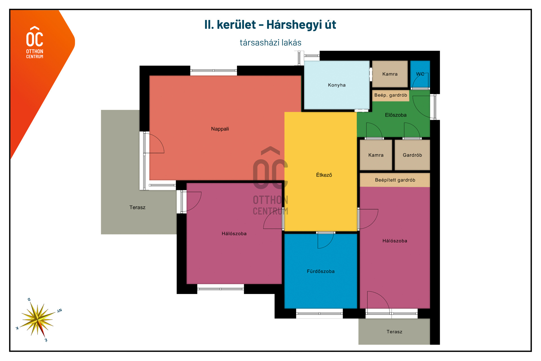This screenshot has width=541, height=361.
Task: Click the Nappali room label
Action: pos(220,129)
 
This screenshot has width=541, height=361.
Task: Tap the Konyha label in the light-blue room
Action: pos(337,85)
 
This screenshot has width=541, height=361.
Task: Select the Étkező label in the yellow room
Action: pos(324,175)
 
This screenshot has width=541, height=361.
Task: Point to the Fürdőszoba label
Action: pos(321,271)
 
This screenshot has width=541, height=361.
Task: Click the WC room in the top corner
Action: pos(420,74)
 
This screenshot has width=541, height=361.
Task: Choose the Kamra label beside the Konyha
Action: pos(390,74)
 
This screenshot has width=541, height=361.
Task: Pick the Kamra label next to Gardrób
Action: pos(376,155)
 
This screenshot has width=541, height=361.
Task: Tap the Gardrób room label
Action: pos(412,155)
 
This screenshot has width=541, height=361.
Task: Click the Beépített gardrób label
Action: pos(395,180)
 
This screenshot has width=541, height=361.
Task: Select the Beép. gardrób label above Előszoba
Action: pos(391,95)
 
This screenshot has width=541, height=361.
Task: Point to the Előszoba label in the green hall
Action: pos(396,115)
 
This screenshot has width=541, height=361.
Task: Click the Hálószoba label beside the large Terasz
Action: pos(234,233)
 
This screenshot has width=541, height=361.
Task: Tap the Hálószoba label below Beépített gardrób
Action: pos(395,241)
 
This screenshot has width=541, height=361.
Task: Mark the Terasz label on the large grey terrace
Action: pos(137,207)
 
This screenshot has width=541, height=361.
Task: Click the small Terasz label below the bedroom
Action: pos(394,332)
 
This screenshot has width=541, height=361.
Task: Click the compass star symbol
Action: pos(38,320)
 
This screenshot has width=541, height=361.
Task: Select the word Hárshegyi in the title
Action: pos(294,25)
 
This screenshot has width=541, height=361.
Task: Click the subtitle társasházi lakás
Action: pos(270,43)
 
